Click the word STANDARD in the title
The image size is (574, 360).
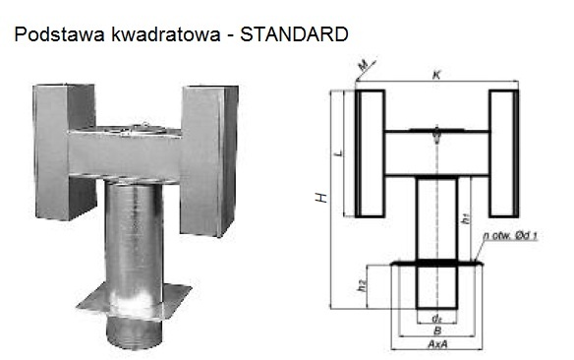coord(294,34)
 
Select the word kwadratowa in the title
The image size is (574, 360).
coord(165,34)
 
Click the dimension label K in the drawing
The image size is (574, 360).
coord(436,75)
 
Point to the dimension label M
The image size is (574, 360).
coord(363,66)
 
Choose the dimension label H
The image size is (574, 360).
coord(321,198)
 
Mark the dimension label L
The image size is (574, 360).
coord(340,152)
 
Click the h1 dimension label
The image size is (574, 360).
coord(466,218)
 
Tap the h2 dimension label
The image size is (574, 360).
coord(362,285)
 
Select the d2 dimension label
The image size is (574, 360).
coord(436,319)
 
